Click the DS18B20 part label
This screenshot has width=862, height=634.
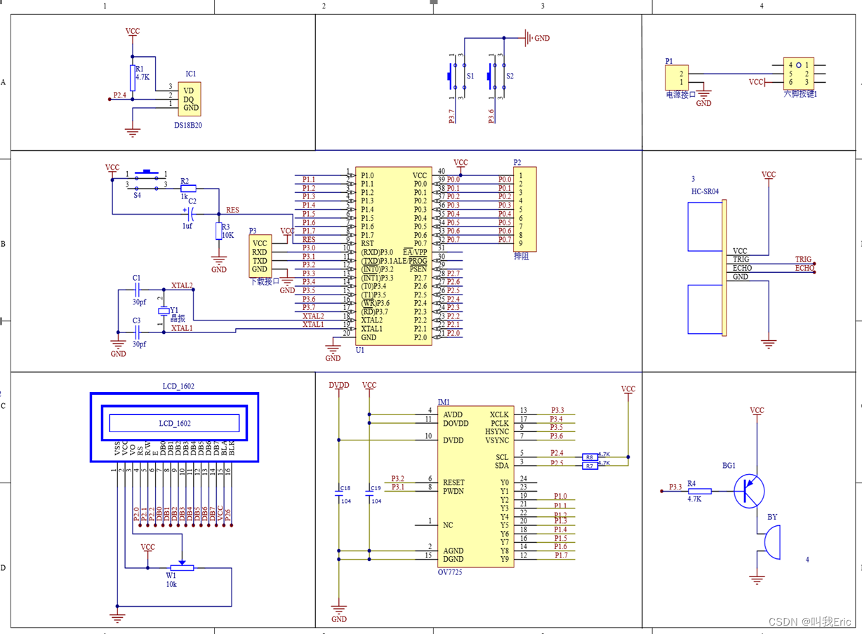coord(188,126)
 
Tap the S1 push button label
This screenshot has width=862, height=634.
coord(470,76)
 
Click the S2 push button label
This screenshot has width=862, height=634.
coord(510,76)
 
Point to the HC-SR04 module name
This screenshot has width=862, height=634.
coord(705,191)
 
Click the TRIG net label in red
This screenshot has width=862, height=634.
coord(802,259)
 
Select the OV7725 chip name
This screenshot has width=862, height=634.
coord(450,572)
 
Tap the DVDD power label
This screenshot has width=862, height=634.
coord(339,386)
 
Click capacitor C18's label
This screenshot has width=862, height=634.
coord(345,488)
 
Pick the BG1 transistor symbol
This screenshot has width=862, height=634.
coord(749,491)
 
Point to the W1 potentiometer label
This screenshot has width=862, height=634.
coord(171,575)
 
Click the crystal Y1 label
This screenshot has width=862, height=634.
coord(174,309)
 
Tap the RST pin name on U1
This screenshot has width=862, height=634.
coord(368,243)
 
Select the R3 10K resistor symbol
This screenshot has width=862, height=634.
coord(219,231)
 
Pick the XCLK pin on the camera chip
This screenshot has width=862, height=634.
coord(499,414)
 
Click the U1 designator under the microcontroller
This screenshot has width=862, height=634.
coord(360,349)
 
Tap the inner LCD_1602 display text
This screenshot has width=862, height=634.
coord(174,424)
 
